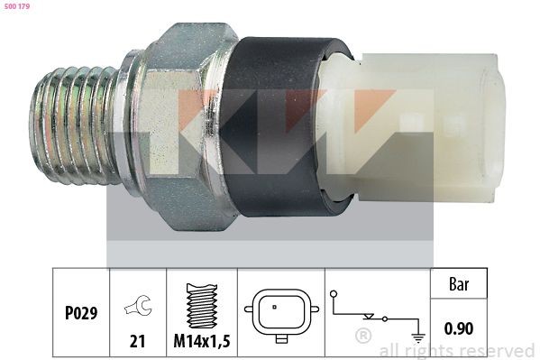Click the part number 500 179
[x=15, y=6]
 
